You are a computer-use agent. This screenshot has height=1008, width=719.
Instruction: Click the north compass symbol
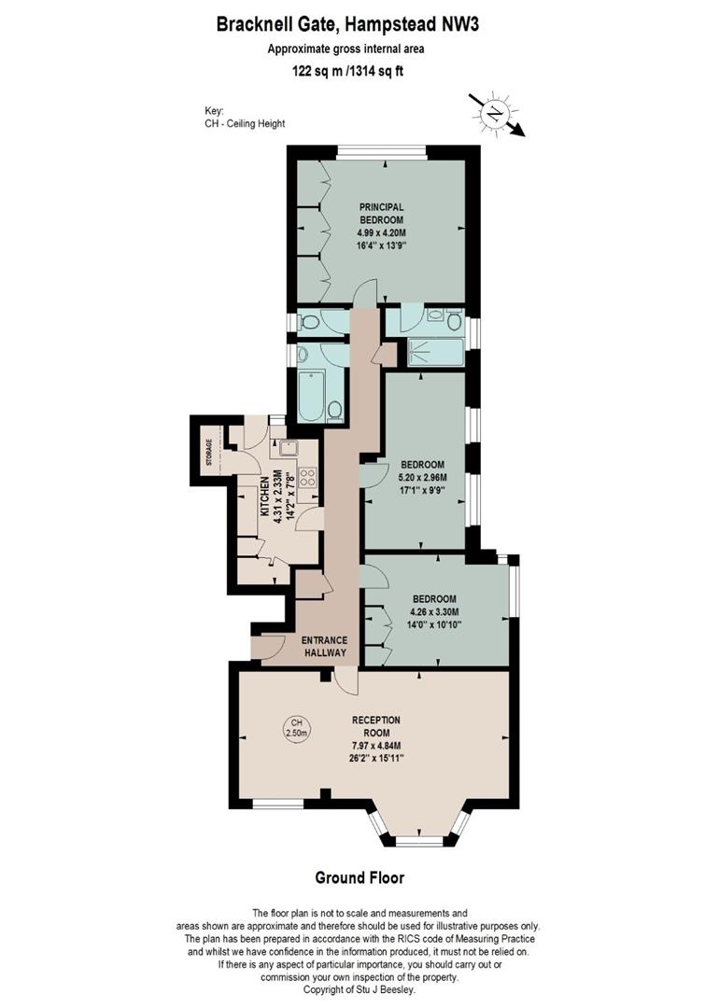495,114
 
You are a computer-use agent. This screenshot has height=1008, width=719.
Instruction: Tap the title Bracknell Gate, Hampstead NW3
348,25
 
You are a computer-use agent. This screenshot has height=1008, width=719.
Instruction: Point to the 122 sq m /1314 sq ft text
348,72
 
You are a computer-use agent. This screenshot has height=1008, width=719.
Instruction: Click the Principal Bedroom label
381,214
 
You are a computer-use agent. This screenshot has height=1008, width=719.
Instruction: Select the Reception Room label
376,726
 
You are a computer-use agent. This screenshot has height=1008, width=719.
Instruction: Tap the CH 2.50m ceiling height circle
297,728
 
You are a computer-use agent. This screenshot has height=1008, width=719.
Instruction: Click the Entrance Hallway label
325,646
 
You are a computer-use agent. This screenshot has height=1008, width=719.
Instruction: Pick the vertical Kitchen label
264,497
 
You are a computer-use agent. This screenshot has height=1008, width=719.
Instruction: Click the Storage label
208,452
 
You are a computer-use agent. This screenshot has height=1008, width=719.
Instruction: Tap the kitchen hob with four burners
308,476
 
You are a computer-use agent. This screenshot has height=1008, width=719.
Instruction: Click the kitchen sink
287,447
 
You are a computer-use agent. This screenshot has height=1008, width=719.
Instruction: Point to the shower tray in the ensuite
436,352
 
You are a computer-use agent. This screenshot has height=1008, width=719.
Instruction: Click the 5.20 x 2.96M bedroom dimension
422,478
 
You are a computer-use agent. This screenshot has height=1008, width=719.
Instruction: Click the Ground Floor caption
359,877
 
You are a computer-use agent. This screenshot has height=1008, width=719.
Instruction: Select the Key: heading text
214,110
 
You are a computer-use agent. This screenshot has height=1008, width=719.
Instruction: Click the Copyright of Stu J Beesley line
359,989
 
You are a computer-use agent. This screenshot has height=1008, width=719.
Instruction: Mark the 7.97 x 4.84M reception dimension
376,746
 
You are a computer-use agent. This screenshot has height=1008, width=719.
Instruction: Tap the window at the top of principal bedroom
382,152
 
